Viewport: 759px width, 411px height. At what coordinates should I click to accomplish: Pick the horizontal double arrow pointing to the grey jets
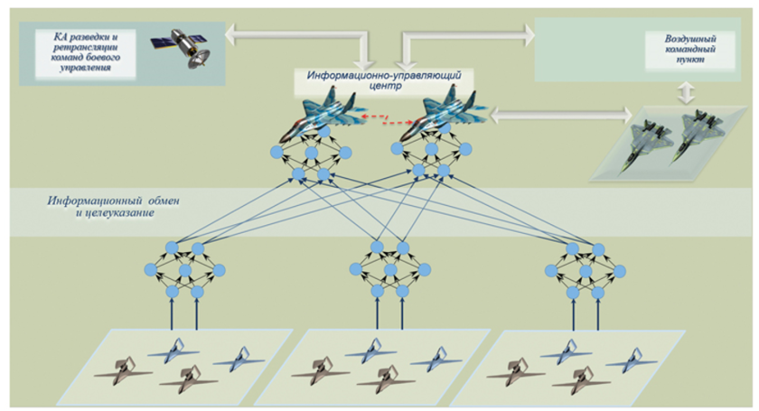coord(560,114)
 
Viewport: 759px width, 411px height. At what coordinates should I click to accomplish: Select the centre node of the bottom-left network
coord(184,269)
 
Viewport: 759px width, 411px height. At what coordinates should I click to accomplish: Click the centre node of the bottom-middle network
coord(390,269)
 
